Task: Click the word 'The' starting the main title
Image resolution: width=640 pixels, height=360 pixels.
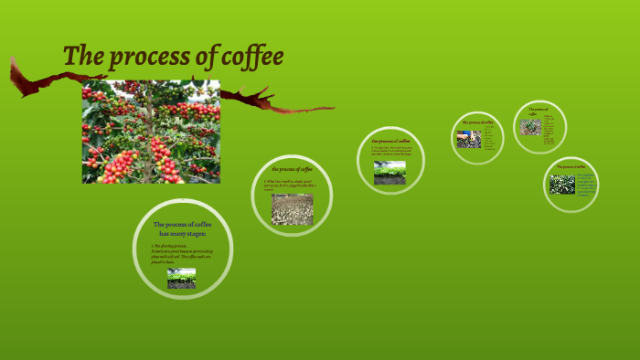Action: pos(81,57)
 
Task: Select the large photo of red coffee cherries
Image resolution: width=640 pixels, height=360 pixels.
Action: pos(151,132)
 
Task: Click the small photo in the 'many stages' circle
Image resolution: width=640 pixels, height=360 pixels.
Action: pos(181,278)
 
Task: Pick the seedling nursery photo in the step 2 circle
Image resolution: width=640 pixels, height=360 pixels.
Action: pos(292,209)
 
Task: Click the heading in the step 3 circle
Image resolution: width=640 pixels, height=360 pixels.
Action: pos(391,142)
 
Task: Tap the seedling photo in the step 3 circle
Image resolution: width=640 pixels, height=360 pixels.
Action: pos(390,174)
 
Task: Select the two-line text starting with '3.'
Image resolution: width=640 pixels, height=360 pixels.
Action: pos(391,153)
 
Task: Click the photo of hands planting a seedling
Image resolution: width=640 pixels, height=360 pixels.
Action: pos(469,139)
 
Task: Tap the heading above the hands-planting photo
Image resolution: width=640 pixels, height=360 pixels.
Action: pos(478,122)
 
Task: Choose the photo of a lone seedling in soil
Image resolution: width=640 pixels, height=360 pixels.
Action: pos(531,126)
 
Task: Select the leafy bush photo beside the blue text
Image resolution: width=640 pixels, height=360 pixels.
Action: pos(562,185)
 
